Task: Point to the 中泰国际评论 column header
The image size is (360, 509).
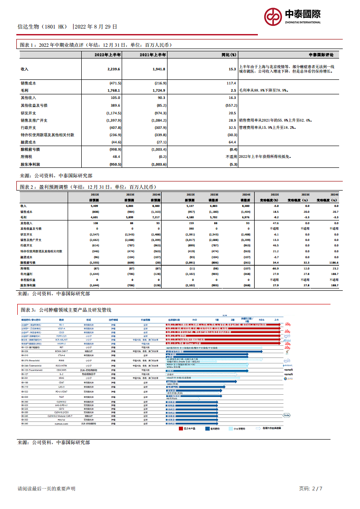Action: coord(321,55)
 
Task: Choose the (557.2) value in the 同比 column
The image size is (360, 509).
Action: coord(230,105)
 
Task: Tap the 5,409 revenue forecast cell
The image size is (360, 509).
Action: coord(94,206)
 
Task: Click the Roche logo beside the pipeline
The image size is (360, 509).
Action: coord(286,415)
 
